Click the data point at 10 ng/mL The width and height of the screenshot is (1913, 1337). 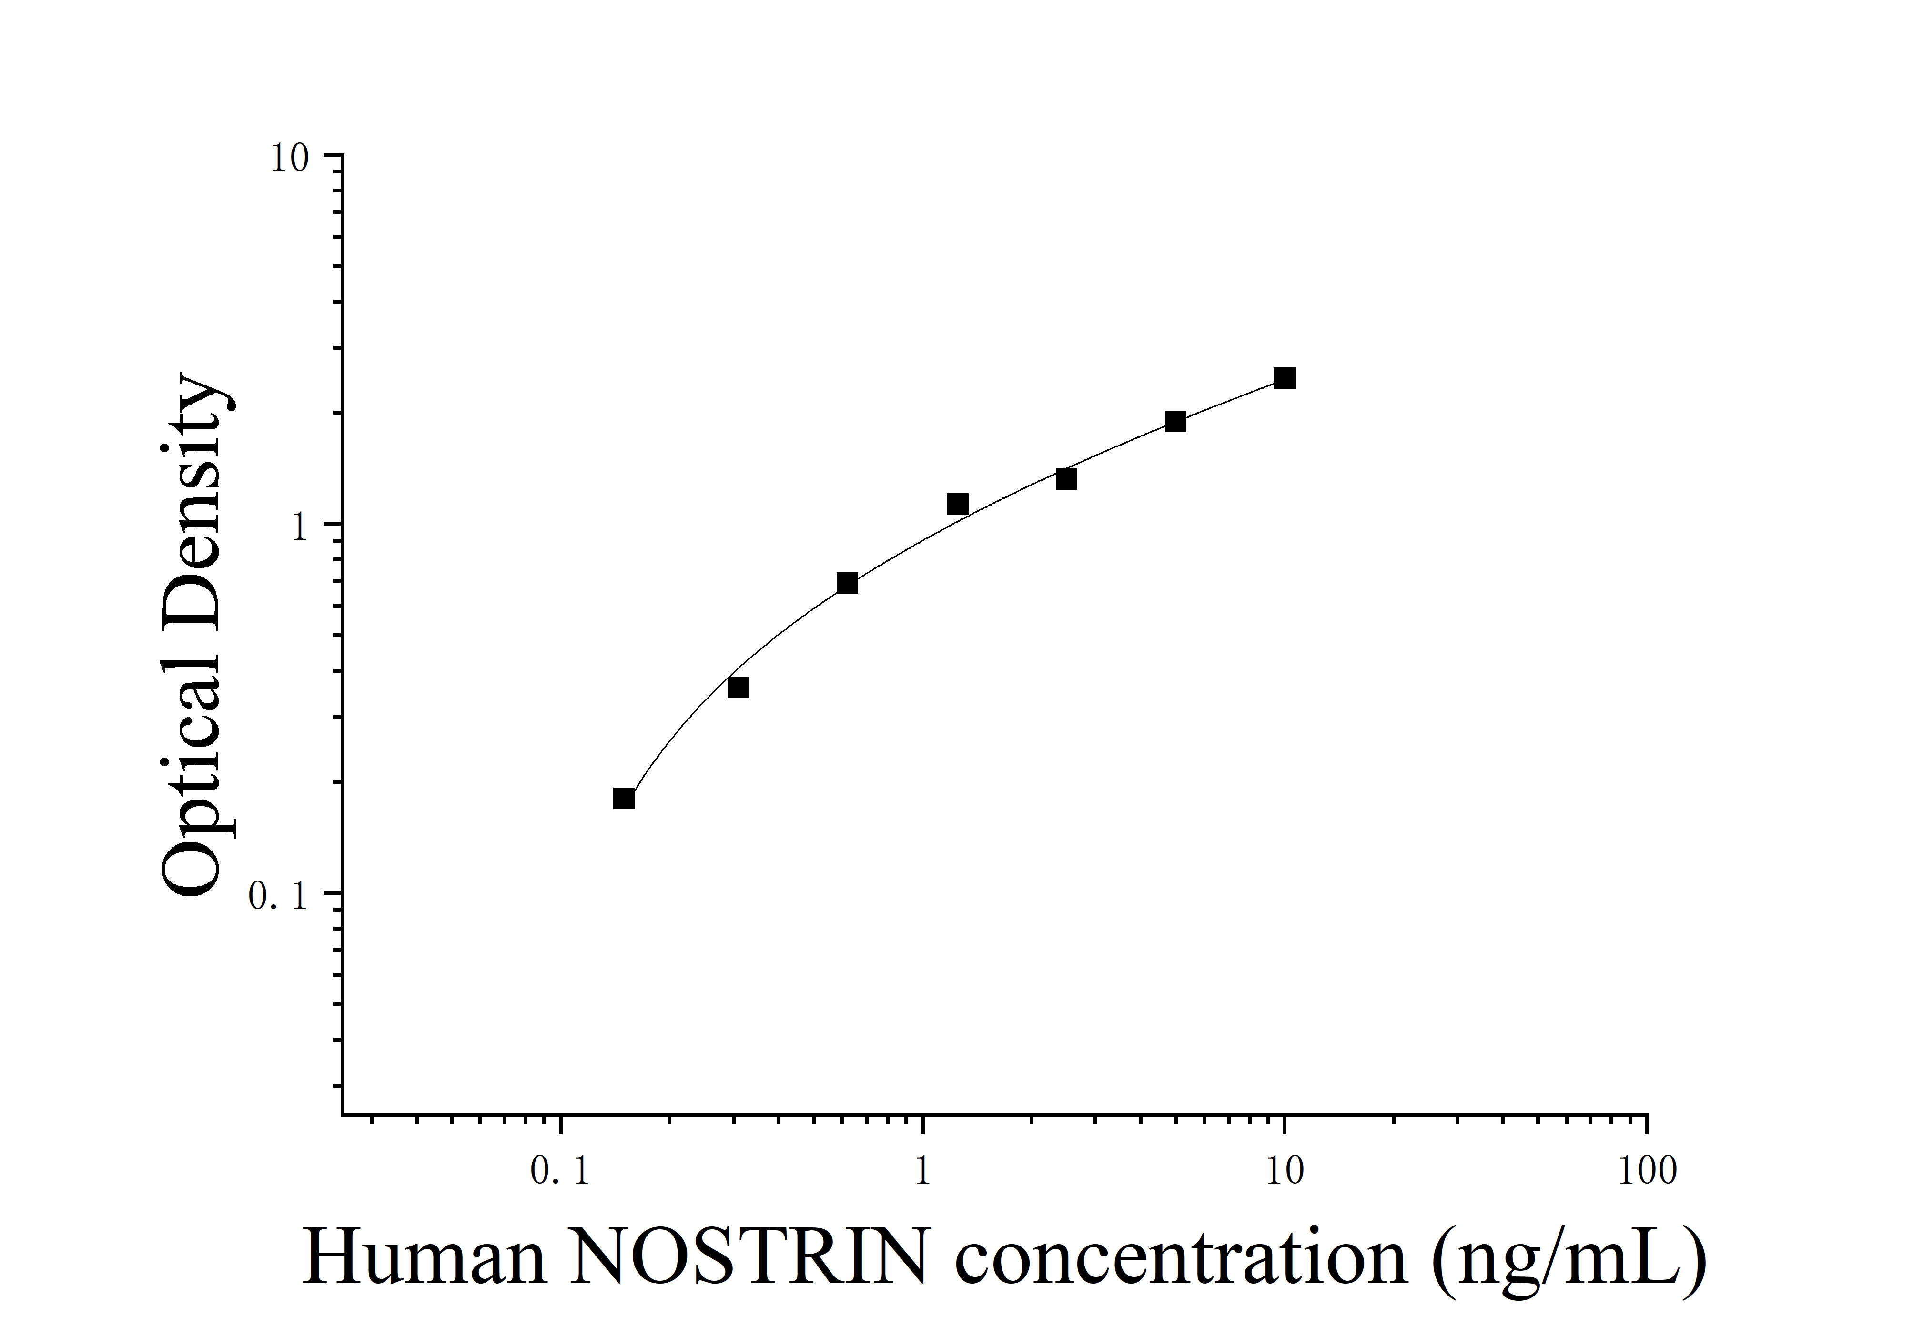tap(1284, 378)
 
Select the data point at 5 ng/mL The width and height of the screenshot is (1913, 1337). tap(1175, 422)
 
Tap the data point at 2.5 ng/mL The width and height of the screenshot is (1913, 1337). tap(1066, 479)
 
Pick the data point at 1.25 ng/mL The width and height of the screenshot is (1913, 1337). tap(957, 504)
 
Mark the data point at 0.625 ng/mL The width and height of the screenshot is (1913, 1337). tap(847, 583)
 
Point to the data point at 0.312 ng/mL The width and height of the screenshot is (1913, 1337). tap(738, 687)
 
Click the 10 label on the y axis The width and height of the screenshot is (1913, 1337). tap(288, 158)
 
